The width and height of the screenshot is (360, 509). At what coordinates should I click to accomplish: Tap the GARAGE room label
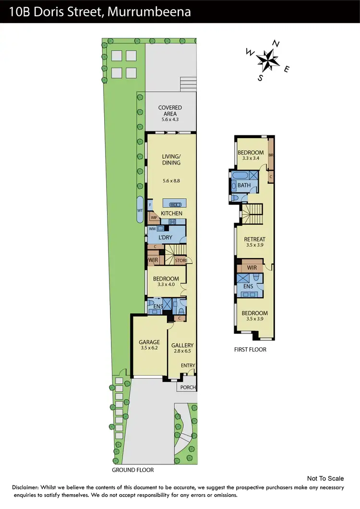click(149, 342)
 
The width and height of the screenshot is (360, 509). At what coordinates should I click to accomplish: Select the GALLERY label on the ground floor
click(182, 345)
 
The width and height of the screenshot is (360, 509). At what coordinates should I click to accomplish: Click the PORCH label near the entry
click(187, 387)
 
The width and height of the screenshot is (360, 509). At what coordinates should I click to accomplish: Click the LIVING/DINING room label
click(171, 159)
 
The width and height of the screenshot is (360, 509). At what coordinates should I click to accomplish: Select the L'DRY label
click(165, 237)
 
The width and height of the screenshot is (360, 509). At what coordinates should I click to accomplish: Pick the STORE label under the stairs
click(180, 260)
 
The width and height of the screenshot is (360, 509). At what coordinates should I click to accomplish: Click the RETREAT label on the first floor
click(254, 239)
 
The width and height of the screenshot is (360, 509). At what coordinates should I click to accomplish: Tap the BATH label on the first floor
click(244, 185)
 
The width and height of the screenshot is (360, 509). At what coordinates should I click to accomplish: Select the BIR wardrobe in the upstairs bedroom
click(271, 155)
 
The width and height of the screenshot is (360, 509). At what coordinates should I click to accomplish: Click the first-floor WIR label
click(252, 267)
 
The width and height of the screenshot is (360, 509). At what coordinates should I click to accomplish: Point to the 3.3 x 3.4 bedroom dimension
click(251, 159)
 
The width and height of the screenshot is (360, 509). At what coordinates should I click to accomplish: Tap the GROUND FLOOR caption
click(133, 470)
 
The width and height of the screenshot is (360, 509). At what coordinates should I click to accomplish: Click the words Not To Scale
click(325, 478)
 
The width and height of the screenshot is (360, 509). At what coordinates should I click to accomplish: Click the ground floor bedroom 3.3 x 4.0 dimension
click(166, 284)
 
